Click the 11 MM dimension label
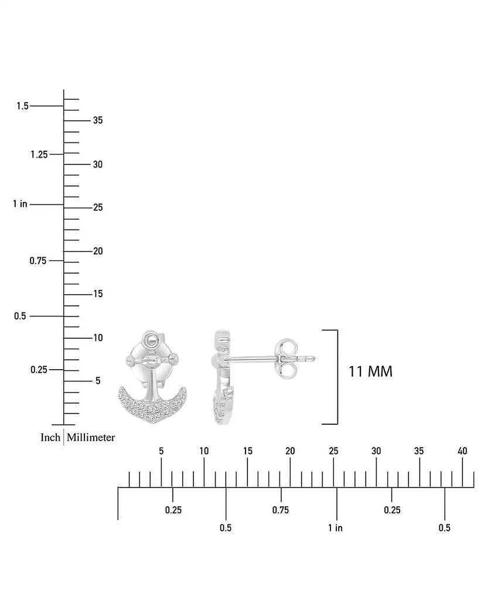pos(370,371)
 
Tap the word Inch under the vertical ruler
pos(50,437)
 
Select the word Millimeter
pos(91,437)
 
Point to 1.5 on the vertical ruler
pos(23,105)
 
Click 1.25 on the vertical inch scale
pos(39,155)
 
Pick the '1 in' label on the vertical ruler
pos(21,204)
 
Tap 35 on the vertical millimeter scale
pos(98,120)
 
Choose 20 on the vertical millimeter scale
pos(98,251)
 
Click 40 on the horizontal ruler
pos(462,451)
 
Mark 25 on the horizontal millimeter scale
pos(333,451)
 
